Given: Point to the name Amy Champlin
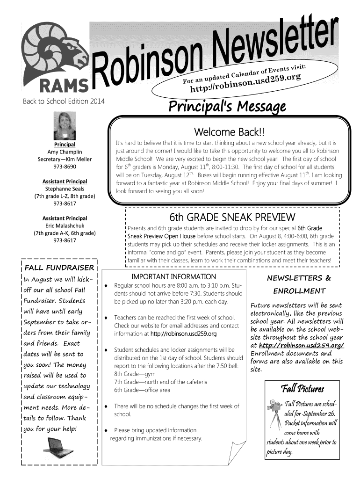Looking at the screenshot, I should pyautogui.click(x=65, y=152).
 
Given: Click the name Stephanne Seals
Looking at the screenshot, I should pyautogui.click(x=65, y=189).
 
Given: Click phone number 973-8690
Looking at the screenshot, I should pyautogui.click(x=65, y=167).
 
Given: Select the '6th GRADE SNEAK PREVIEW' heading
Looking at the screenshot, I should pyautogui.click(x=232, y=218).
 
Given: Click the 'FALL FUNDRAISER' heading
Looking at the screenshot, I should pyautogui.click(x=59, y=268).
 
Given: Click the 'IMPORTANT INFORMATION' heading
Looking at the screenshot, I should pyautogui.click(x=174, y=277).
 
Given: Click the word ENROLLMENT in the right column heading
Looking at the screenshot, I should pyautogui.click(x=299, y=291).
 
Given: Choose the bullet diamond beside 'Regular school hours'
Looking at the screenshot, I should pyautogui.click(x=108, y=285).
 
